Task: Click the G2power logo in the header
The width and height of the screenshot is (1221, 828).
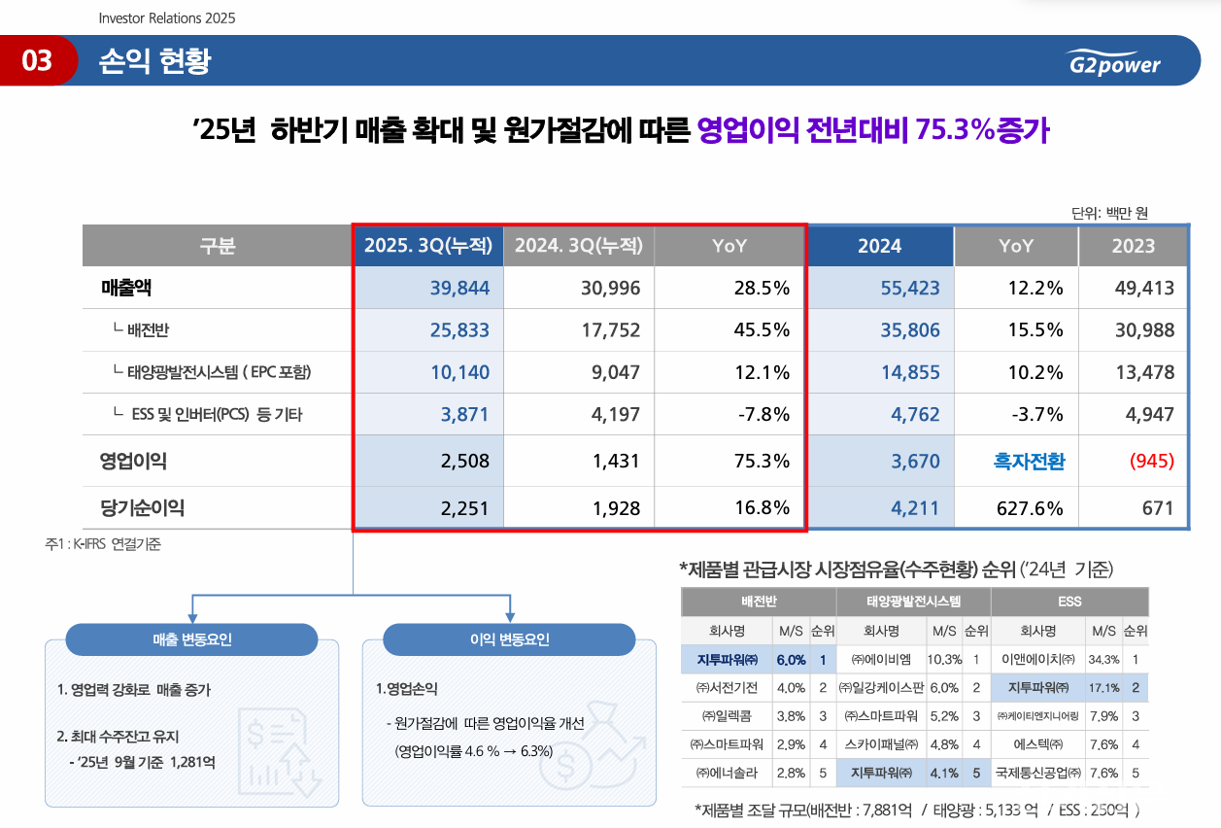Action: point(1112,62)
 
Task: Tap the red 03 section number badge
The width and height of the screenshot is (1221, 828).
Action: point(38,61)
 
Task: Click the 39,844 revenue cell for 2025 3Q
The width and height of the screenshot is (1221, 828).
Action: point(459,288)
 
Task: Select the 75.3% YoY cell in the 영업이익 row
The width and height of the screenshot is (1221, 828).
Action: point(763,461)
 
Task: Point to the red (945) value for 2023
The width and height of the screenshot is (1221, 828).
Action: point(1151,461)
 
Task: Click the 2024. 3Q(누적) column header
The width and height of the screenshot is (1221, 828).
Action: point(579,246)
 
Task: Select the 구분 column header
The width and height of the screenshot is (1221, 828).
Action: point(217,246)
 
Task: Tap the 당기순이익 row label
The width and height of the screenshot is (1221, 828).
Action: point(142,507)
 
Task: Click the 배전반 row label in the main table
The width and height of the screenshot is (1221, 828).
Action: point(148,330)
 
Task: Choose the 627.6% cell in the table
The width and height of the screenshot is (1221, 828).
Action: point(1030,507)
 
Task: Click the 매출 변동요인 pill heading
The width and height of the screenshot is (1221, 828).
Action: point(191,639)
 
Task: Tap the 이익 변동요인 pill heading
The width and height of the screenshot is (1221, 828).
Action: point(509,639)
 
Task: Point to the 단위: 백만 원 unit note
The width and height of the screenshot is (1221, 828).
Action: point(1109,213)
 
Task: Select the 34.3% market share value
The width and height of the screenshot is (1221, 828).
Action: point(1102,659)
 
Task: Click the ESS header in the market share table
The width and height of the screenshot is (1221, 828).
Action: point(1070,602)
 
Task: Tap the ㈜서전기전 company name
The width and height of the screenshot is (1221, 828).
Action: point(727,688)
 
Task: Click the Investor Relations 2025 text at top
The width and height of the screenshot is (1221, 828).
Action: point(167,18)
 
